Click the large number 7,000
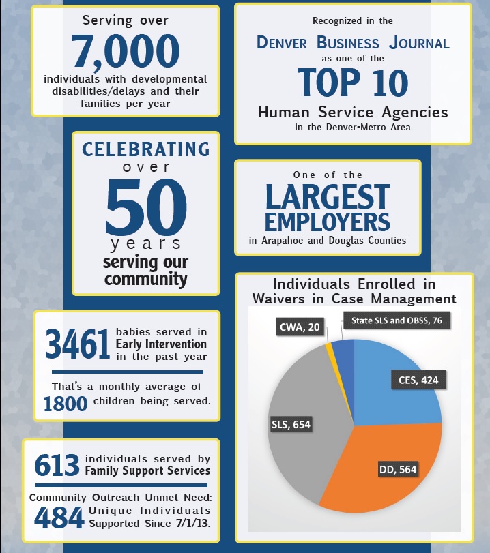coord(126,52)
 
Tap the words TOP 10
coord(353,83)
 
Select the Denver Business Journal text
coord(353,43)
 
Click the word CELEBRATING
coord(146,149)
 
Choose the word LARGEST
coord(328,198)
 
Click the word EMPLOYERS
coord(328,222)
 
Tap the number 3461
coord(77,344)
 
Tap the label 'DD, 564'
coord(397,469)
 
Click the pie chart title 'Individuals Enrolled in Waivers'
coord(354,291)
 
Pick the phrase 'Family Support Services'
coord(147,470)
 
